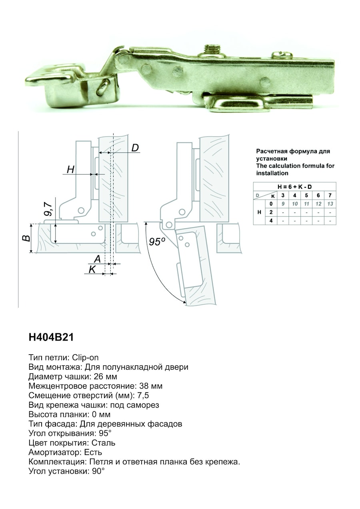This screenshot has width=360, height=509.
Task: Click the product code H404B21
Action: [x=51, y=337]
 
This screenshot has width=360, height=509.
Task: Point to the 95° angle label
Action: [x=157, y=242]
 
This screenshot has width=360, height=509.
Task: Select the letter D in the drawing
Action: [x=135, y=148]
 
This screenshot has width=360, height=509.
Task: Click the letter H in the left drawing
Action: [x=70, y=169]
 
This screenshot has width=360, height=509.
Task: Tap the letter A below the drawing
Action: [x=97, y=259]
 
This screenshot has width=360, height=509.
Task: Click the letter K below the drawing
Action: [x=92, y=270]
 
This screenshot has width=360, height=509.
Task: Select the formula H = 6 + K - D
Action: [x=294, y=186]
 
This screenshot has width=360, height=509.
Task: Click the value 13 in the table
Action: [x=330, y=204]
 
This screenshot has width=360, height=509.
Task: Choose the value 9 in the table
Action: [x=283, y=204]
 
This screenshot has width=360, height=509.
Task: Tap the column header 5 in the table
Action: [x=306, y=195]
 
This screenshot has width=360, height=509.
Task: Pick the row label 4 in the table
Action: [x=271, y=220]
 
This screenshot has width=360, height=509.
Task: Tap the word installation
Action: [x=272, y=173]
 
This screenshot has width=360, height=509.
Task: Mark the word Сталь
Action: [x=103, y=443]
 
